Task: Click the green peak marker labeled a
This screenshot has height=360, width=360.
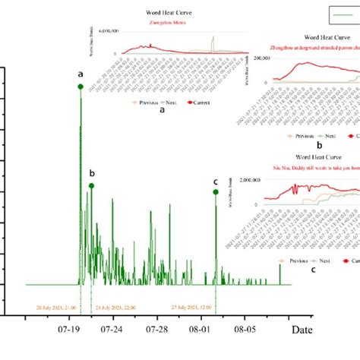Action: (81, 87)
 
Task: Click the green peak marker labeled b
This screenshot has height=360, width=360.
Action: (92, 185)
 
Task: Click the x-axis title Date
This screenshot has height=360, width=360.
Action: (302, 330)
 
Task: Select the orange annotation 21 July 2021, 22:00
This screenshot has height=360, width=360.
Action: (117, 308)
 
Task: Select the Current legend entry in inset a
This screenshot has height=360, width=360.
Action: (201, 102)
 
